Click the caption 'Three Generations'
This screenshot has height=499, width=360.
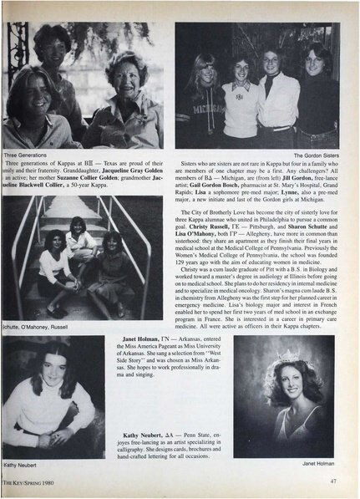tap(28, 154)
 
